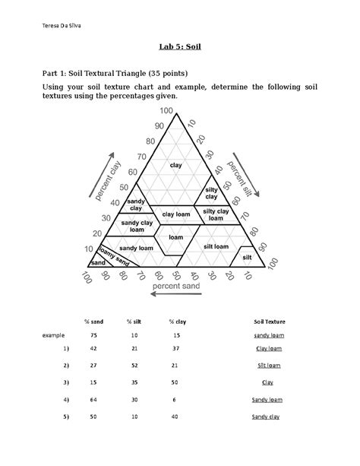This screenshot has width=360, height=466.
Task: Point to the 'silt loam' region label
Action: coord(216,246)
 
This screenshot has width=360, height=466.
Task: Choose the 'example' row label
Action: coord(54,334)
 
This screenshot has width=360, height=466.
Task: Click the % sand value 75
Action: coord(93,334)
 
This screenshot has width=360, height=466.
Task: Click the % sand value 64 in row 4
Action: coord(93,400)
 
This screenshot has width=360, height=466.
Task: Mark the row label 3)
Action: coord(66,382)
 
